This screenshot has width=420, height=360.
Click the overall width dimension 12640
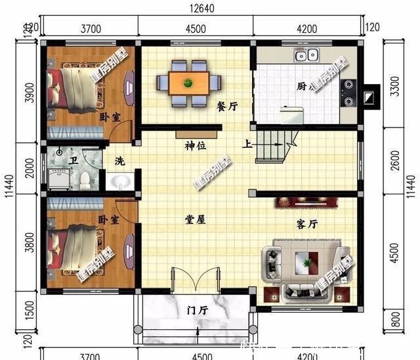click(x=203, y=9)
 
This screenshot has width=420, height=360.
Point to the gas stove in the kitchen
click(x=347, y=93)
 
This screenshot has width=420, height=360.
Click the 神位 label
click(x=195, y=146)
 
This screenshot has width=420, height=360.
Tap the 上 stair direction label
click(x=247, y=145)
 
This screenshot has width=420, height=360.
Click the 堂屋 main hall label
click(x=195, y=220)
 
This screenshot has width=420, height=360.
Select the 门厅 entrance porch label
click(x=197, y=309)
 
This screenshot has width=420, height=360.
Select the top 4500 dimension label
click(x=195, y=28)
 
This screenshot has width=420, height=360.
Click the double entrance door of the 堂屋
click(x=195, y=280)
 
